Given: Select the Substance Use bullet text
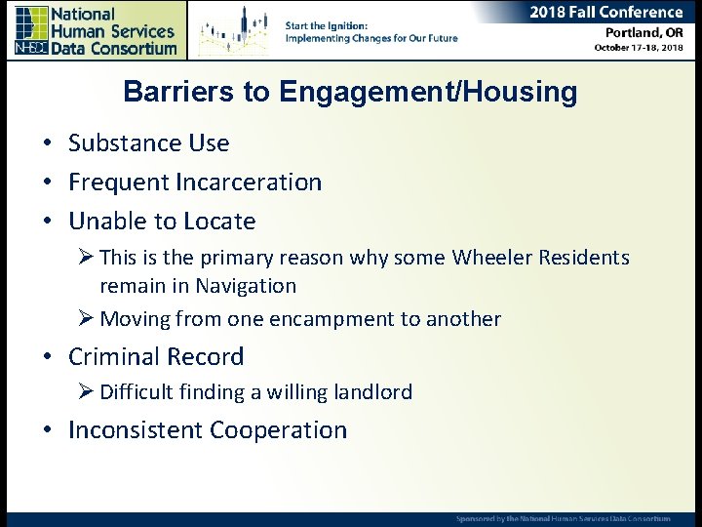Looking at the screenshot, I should click(148, 143).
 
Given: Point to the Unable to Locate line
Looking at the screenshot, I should click(162, 222).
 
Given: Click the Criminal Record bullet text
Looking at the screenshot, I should click(156, 357).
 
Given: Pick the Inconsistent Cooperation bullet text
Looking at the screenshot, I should click(207, 430).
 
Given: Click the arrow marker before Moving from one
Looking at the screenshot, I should click(87, 319).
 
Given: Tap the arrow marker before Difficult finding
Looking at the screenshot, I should click(87, 392).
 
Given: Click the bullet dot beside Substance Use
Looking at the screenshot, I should click(46, 144).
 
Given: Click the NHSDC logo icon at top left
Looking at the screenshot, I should click(31, 30).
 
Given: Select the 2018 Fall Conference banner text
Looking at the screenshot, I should click(606, 13).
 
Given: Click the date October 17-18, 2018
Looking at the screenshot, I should click(639, 49).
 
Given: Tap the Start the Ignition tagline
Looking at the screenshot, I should click(370, 31).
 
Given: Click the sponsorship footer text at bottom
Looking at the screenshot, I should click(563, 518).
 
